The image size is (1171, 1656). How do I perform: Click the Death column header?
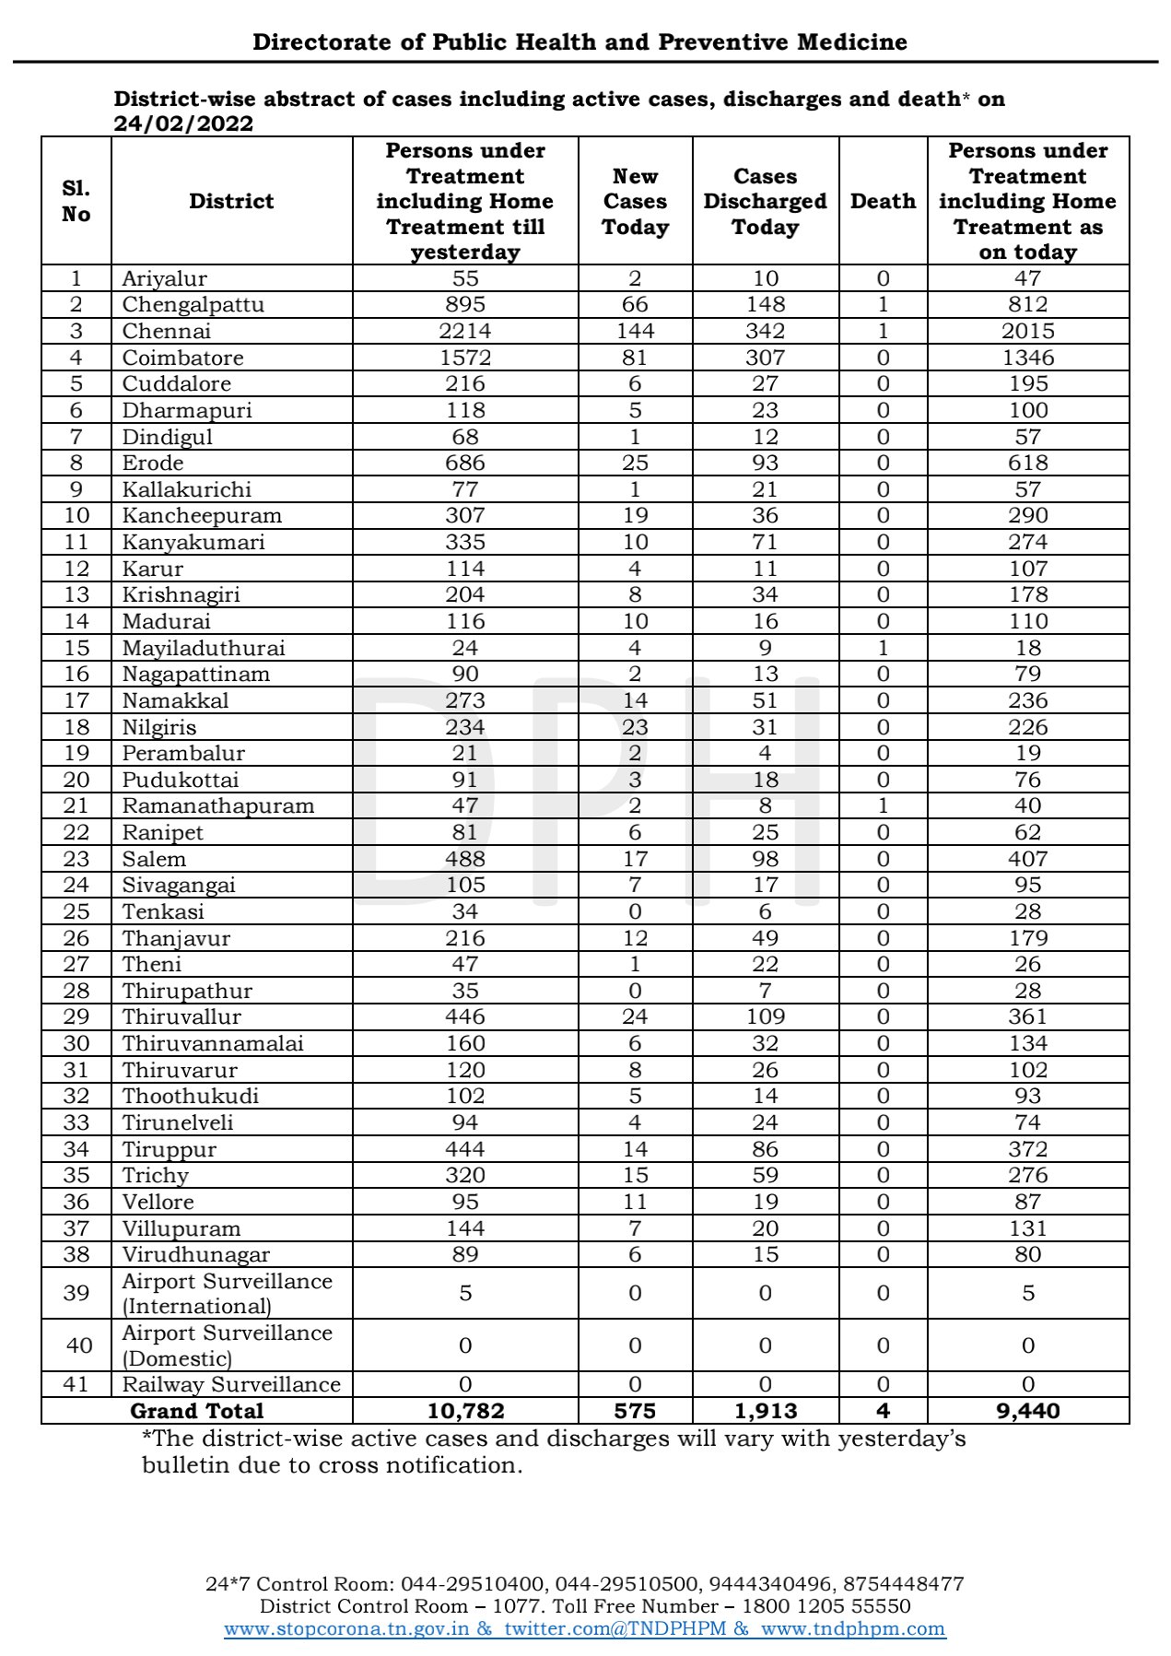coord(883,201)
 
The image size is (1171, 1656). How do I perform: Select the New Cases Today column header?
coord(635,201)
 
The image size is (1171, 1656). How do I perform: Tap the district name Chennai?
coord(167,331)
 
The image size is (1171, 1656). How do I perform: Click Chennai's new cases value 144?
coord(635,331)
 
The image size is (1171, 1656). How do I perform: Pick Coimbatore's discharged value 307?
coord(765,358)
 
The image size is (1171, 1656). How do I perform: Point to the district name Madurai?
coord(167,621)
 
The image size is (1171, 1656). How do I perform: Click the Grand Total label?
coord(197,1411)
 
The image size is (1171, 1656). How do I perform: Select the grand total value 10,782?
coord(465,1411)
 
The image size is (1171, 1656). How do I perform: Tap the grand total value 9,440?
coord(1027,1411)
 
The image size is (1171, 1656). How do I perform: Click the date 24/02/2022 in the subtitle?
coord(183,123)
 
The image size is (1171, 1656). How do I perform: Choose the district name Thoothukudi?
coord(191,1096)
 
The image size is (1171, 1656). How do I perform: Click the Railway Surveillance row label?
coord(231,1384)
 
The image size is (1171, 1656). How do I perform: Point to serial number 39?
coord(76,1293)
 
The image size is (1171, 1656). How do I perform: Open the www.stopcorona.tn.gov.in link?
coord(346,1628)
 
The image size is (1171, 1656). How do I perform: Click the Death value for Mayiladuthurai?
coord(883,648)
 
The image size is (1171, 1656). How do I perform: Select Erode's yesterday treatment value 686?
coord(465,463)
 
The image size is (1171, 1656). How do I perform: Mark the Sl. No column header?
coord(76,201)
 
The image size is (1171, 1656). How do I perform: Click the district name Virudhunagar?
coord(196,1254)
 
